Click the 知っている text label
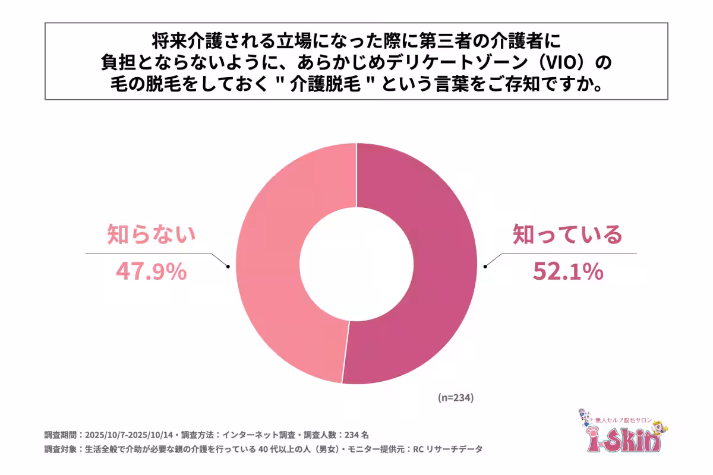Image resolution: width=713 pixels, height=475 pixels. click(567, 236)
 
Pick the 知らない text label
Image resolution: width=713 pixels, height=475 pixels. click(151, 236)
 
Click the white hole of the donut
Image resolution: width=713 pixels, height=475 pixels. click(356, 263)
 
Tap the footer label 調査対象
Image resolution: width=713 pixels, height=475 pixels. click(61, 449)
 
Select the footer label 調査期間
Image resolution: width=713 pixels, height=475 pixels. click(61, 434)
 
